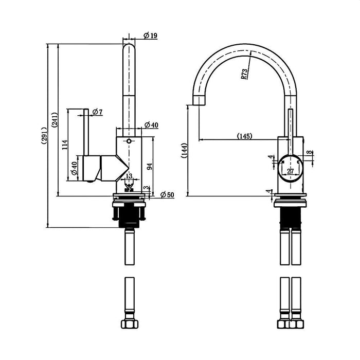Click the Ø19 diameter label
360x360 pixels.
150,35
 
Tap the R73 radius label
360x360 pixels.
244,74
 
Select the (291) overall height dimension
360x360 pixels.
44,135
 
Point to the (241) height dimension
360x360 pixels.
55,120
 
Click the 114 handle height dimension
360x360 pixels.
65,145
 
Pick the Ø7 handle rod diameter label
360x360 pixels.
97,112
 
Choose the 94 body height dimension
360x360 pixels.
150,167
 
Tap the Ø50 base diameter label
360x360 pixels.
167,195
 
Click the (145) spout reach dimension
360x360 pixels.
245,136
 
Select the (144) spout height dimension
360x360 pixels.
184,151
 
